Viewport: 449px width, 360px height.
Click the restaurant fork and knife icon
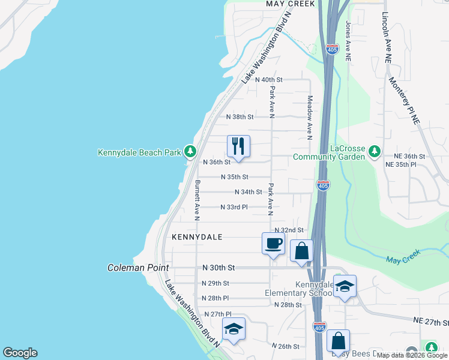(238, 146)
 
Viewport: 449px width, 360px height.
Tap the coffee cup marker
(273, 243)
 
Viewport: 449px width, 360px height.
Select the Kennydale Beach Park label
(139, 152)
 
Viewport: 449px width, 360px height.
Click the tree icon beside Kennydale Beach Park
(190, 151)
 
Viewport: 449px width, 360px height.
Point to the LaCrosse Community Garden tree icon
(375, 150)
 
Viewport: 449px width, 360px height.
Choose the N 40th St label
(268, 79)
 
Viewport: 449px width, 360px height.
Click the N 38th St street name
(240, 117)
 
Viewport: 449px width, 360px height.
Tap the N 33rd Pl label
(234, 207)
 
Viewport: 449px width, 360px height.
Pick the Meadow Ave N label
(310, 117)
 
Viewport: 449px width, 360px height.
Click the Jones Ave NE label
(348, 41)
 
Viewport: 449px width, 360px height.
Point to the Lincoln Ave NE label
(387, 38)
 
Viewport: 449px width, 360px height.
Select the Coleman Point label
(138, 268)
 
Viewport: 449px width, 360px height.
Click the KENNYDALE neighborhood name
(197, 237)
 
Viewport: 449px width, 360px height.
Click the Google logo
(20, 353)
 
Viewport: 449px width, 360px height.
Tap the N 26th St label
(285, 346)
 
